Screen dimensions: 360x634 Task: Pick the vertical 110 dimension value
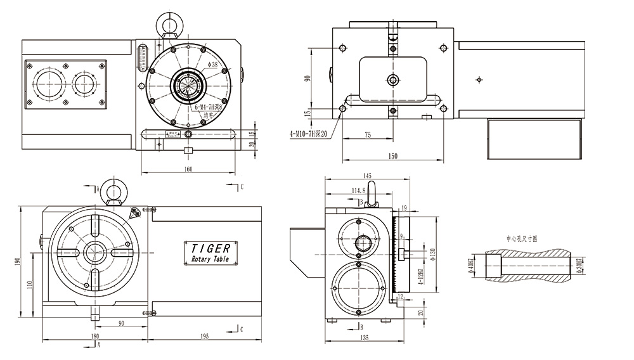point(30,285)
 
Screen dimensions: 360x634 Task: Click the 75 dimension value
point(368,134)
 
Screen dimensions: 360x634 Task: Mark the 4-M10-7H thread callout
point(308,134)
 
